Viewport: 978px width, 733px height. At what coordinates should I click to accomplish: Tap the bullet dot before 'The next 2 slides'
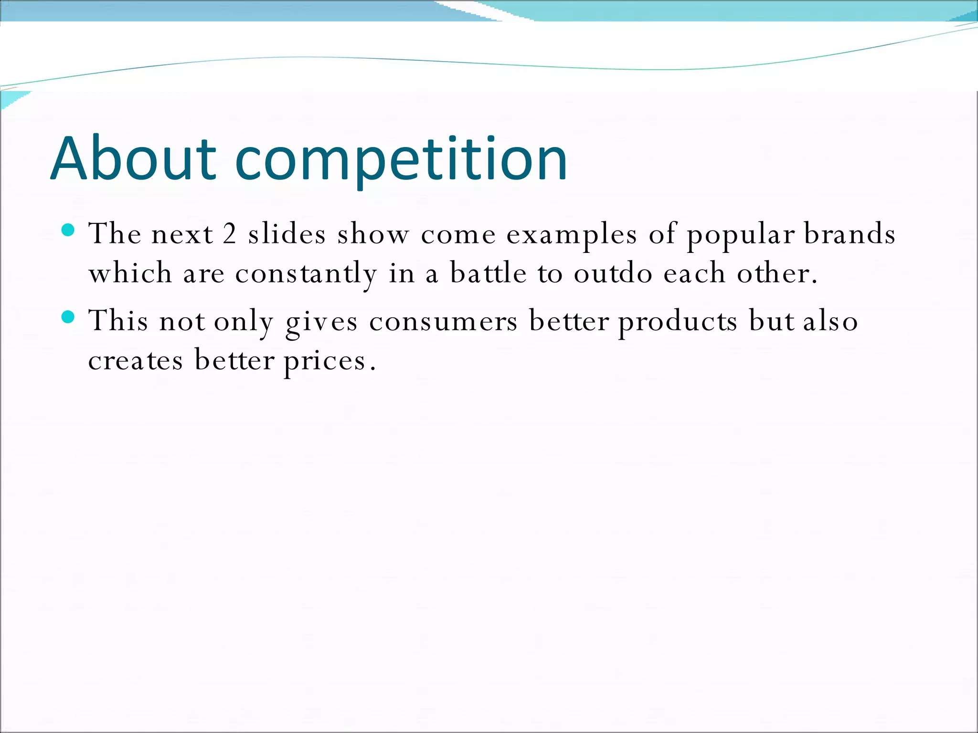coord(69,230)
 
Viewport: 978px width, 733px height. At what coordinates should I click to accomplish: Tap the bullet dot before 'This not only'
coord(69,317)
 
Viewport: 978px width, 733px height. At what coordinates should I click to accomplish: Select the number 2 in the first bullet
coord(230,234)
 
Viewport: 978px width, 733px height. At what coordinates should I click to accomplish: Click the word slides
coord(287,234)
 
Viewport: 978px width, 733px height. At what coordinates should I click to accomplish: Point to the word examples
coord(572,235)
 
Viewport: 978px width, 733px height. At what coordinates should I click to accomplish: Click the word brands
coord(850,234)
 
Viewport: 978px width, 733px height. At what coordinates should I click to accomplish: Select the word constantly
coord(306,274)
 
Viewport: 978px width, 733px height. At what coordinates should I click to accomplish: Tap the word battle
coord(489,273)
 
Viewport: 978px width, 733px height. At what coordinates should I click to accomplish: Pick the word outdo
coord(613,273)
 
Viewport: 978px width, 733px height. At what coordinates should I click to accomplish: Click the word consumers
coord(443,321)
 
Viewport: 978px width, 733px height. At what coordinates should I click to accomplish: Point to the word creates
coord(136,361)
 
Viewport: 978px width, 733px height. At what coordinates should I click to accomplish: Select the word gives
coord(321,321)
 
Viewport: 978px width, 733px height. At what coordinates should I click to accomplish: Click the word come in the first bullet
coord(458,235)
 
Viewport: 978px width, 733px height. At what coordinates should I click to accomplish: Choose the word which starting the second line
coord(130,273)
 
